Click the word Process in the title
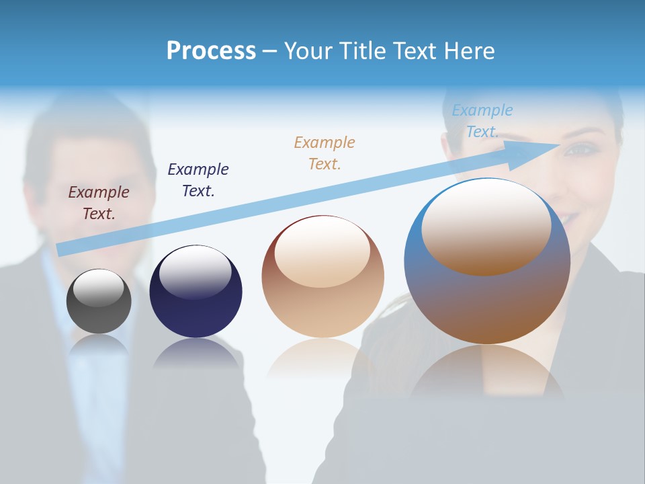tap(211, 51)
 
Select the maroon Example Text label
tap(99, 203)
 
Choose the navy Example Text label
tap(198, 180)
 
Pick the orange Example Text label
tap(325, 153)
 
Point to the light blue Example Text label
tap(482, 121)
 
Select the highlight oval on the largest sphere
tap(486, 225)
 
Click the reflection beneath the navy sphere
tap(196, 354)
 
